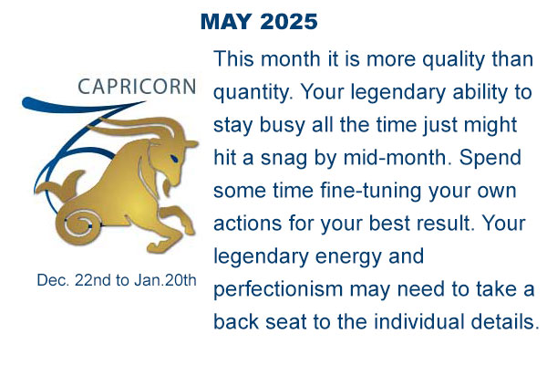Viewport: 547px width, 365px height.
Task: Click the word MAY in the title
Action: [226, 22]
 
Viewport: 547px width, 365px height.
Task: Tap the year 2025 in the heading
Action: [288, 22]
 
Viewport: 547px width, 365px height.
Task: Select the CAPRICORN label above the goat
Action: [137, 87]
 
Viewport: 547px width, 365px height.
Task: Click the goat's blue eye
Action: [174, 158]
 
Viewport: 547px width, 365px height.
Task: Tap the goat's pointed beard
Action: [168, 185]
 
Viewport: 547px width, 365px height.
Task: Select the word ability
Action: [480, 93]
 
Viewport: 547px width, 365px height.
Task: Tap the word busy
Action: [283, 126]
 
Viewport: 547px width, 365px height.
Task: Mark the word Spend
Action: [490, 159]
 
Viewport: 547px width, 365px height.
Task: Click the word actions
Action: [247, 224]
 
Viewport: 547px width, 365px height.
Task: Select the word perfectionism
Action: [278, 290]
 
